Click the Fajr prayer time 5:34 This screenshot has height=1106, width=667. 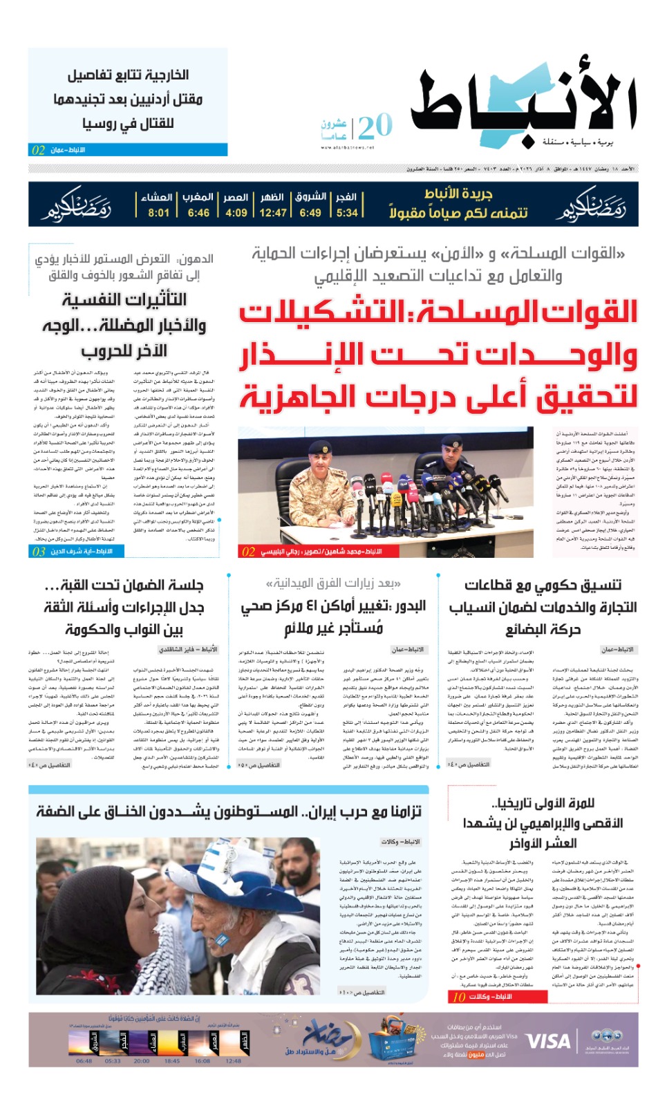pos(347,213)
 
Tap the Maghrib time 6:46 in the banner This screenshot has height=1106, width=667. pos(198,213)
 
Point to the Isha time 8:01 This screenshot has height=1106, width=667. pos(158,213)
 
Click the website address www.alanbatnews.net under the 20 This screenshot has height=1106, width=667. pos(348,147)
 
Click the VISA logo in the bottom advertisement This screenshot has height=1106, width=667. pos(548,1041)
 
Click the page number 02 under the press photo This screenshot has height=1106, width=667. pos(249,552)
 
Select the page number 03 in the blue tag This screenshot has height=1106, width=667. pos(39,552)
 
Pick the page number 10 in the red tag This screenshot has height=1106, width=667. pos(459,997)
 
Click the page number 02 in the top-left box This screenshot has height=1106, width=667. pos(39,150)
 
